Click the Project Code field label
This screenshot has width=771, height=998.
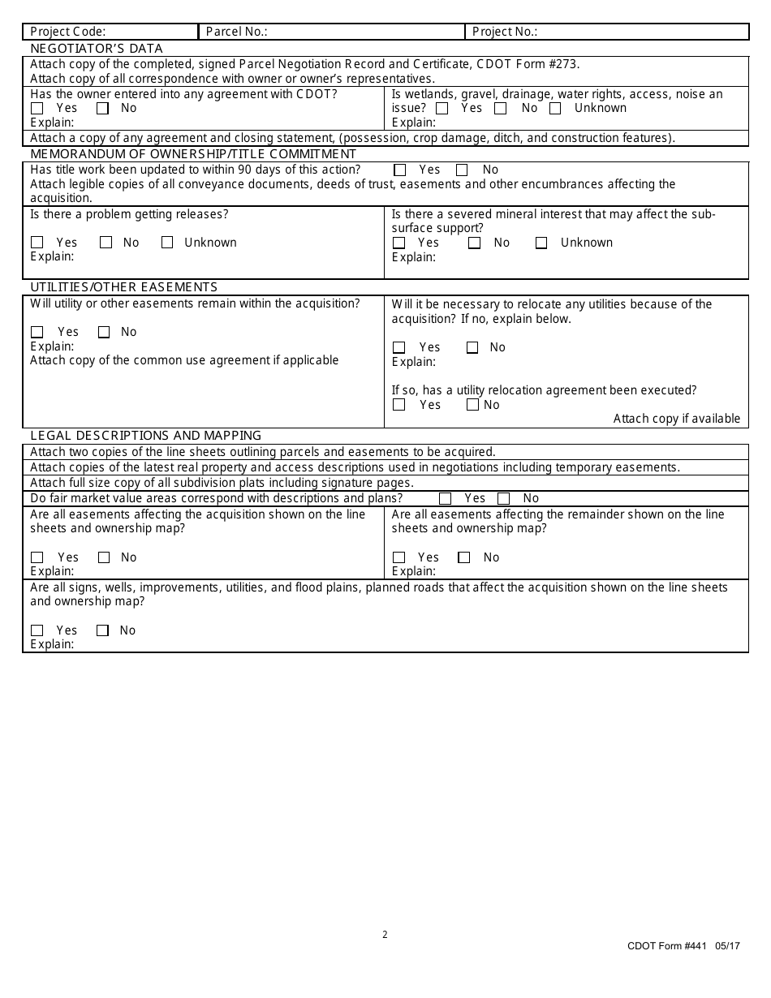tap(68, 32)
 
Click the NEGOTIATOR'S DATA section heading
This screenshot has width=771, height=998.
tap(97, 49)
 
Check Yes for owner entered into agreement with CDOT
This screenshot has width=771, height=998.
tap(37, 109)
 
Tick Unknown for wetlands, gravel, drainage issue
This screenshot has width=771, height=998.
tap(555, 109)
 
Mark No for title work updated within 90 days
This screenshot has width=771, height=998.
tap(462, 170)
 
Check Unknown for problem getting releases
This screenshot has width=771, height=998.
tap(167, 243)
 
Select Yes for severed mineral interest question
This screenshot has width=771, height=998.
tap(398, 243)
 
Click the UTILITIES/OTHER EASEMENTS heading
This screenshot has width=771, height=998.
tap(124, 287)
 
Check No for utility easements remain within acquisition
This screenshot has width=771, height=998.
tap(104, 332)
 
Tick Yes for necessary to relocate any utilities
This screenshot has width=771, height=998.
tap(398, 348)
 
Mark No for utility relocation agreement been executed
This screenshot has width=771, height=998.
tap(472, 405)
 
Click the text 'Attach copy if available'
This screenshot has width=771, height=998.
tap(676, 419)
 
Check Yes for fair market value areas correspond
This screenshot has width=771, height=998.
tap(445, 499)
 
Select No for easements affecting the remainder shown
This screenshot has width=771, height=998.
tap(464, 557)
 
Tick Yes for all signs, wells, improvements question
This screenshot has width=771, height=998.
tap(37, 630)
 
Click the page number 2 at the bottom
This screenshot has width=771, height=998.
tap(385, 935)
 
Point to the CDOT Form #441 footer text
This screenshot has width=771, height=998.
tap(683, 946)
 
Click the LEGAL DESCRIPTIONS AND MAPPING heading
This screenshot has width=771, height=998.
tap(146, 436)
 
